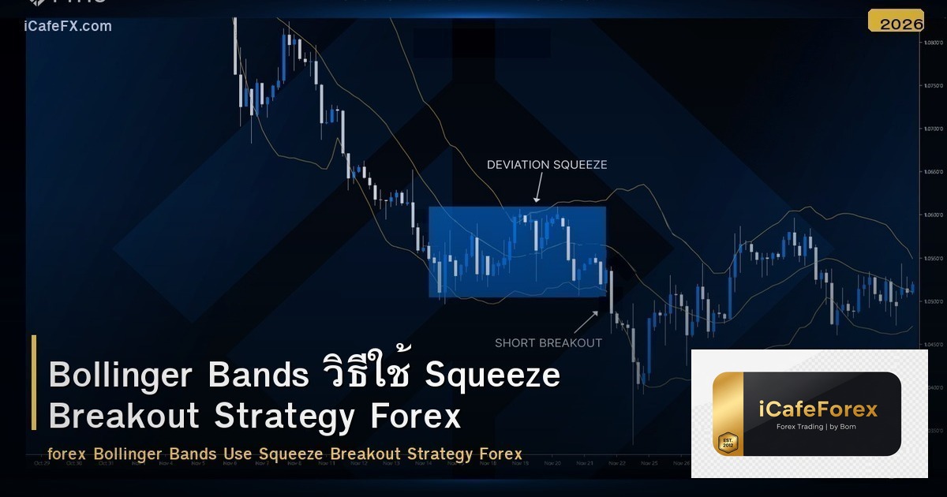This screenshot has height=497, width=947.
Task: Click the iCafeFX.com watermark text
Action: click(x=68, y=26)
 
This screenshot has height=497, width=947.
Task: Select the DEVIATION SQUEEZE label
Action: click(x=547, y=164)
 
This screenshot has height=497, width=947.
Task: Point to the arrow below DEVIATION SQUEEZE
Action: click(x=538, y=188)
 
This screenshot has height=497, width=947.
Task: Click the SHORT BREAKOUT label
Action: click(x=548, y=342)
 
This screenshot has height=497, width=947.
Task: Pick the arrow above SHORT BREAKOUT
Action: click(x=585, y=322)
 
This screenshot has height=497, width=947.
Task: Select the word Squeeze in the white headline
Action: click(x=492, y=376)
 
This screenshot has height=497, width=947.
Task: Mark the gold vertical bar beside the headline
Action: click(x=34, y=383)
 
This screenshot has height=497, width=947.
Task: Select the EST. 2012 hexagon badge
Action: click(x=727, y=442)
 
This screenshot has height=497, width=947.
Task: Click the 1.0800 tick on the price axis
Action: click(x=933, y=42)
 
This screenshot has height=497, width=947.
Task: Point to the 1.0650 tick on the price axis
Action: click(x=933, y=171)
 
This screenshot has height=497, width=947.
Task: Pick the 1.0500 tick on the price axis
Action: click(x=933, y=301)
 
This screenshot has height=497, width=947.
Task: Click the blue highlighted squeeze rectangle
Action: click(x=517, y=252)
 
